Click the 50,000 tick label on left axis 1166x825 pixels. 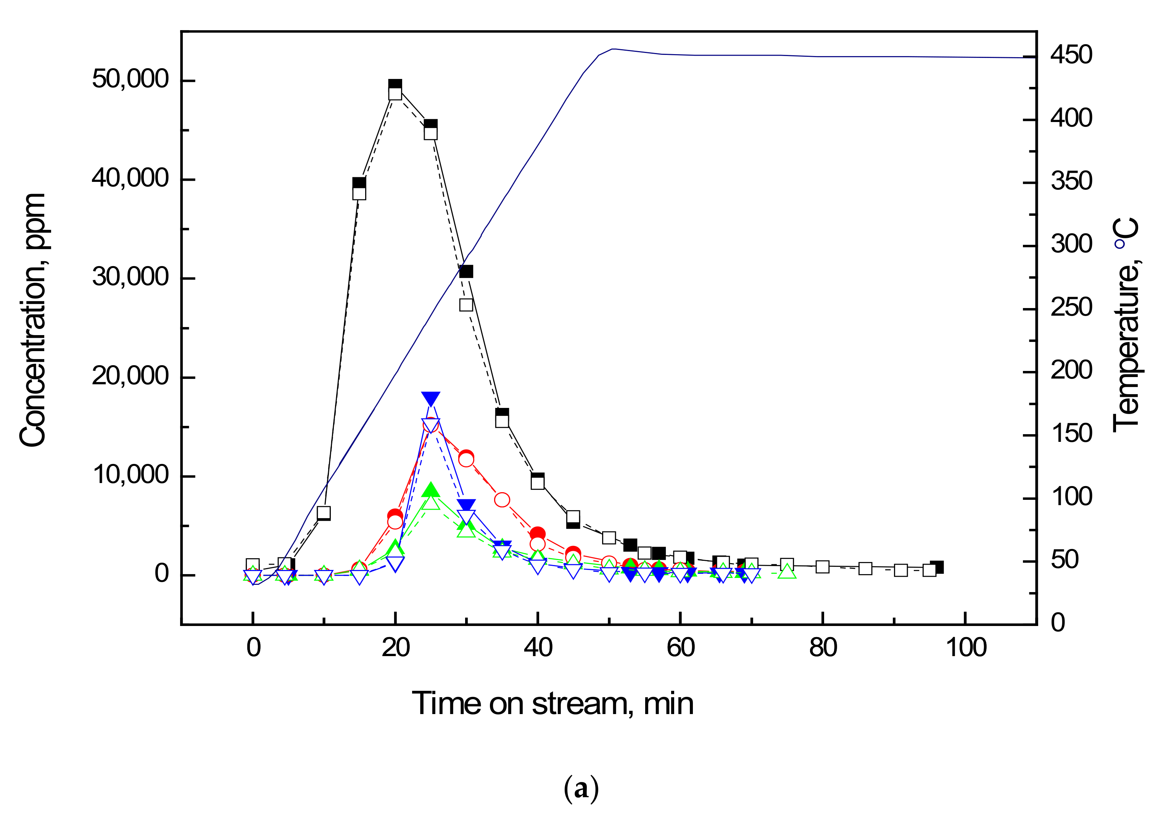[x=130, y=79]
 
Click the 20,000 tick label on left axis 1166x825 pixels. [x=130, y=376]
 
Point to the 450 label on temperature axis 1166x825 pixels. [x=1071, y=55]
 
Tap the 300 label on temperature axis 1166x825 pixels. [x=1071, y=244]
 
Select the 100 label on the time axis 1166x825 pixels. [x=966, y=648]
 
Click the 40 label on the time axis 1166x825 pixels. [x=538, y=648]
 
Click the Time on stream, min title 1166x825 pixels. [x=552, y=704]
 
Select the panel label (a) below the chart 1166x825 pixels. [x=581, y=789]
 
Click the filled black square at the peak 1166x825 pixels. [x=395, y=85]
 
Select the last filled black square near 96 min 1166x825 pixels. [x=937, y=567]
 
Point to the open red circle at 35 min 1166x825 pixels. [x=502, y=500]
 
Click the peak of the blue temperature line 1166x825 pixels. [x=613, y=49]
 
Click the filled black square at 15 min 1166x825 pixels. [x=359, y=183]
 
